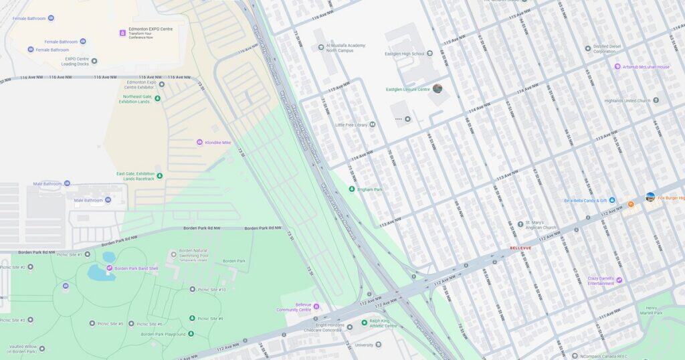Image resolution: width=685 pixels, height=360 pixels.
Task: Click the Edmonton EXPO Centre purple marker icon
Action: click(x=122, y=33)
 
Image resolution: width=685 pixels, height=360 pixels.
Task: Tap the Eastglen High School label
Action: click(x=404, y=54)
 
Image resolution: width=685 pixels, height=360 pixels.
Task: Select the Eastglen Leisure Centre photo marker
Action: click(x=437, y=88)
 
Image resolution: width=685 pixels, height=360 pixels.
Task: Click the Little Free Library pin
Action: click(x=372, y=124)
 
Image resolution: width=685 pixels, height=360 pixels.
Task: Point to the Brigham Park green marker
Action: click(x=352, y=189)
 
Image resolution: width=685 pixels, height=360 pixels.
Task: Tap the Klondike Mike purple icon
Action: click(x=199, y=143)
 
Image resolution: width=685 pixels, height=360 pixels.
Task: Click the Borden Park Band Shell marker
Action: click(x=110, y=268)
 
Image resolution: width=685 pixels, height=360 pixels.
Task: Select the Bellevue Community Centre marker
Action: click(x=316, y=306)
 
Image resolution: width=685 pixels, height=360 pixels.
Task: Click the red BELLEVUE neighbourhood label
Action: click(x=520, y=248)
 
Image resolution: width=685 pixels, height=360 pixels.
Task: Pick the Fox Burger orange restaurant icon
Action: click(x=630, y=203)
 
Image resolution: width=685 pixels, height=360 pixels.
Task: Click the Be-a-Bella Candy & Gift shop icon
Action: click(x=612, y=200)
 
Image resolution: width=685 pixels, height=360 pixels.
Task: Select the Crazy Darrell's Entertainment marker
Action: click(x=619, y=280)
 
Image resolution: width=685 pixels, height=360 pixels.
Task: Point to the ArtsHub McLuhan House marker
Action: click(x=617, y=67)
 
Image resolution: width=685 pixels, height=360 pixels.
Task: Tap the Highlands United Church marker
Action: click(x=656, y=100)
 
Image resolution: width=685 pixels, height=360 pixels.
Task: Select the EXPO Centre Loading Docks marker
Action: click(x=94, y=61)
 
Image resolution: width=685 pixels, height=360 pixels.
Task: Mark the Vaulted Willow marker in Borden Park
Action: click(x=42, y=348)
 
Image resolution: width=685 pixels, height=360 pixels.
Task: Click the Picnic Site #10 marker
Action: click(x=192, y=290)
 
